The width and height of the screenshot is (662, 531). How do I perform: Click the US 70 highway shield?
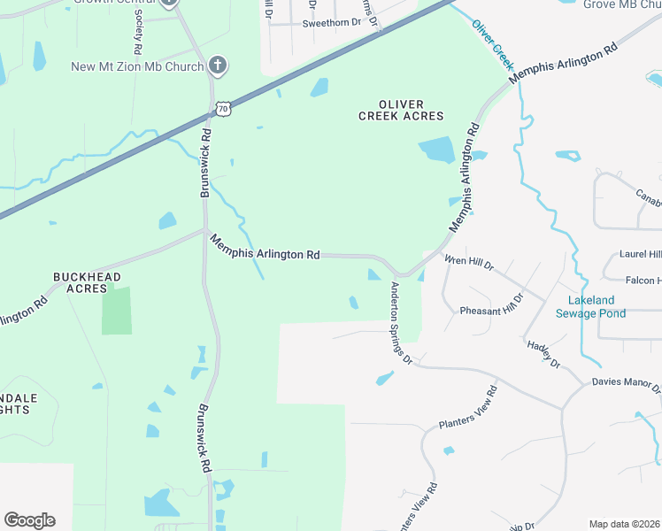224,109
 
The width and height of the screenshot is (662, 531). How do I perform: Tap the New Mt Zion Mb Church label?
138,66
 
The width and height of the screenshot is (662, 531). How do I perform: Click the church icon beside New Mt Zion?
218,65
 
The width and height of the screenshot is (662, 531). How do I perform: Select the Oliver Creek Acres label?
401,110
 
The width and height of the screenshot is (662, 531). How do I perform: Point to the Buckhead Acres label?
80,282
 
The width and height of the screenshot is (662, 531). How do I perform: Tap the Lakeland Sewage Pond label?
590,307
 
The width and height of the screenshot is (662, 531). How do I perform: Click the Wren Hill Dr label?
469,263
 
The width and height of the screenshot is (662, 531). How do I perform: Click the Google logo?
29,520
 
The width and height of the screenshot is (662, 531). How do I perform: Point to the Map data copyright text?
624,524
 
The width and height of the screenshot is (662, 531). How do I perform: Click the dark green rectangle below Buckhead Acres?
117,311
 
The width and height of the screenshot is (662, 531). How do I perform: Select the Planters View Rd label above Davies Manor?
468,408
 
